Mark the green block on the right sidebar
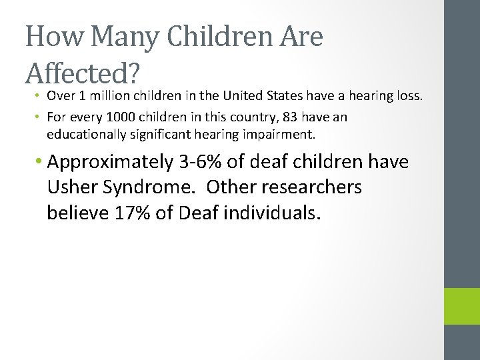click(462, 306)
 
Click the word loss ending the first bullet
click(409, 96)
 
